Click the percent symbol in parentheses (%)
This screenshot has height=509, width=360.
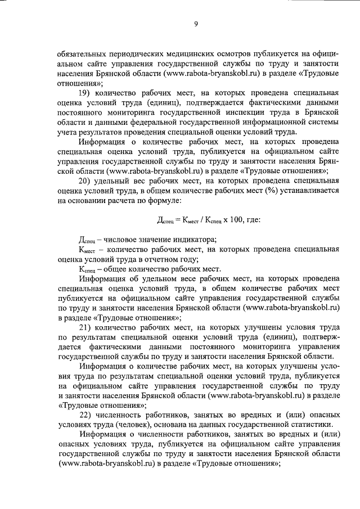276,191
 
